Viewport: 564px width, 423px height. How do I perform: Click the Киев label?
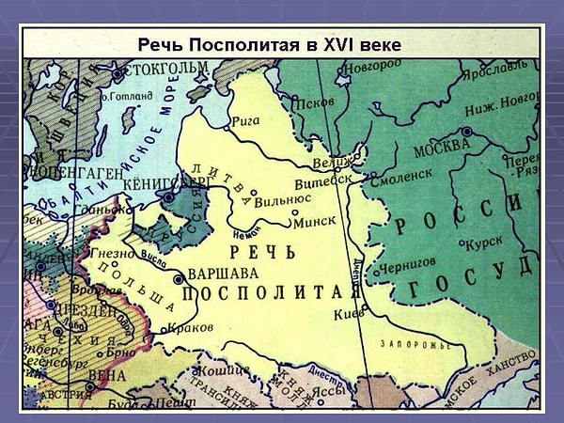348,314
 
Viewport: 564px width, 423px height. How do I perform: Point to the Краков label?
184,328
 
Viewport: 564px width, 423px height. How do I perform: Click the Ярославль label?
494,67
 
